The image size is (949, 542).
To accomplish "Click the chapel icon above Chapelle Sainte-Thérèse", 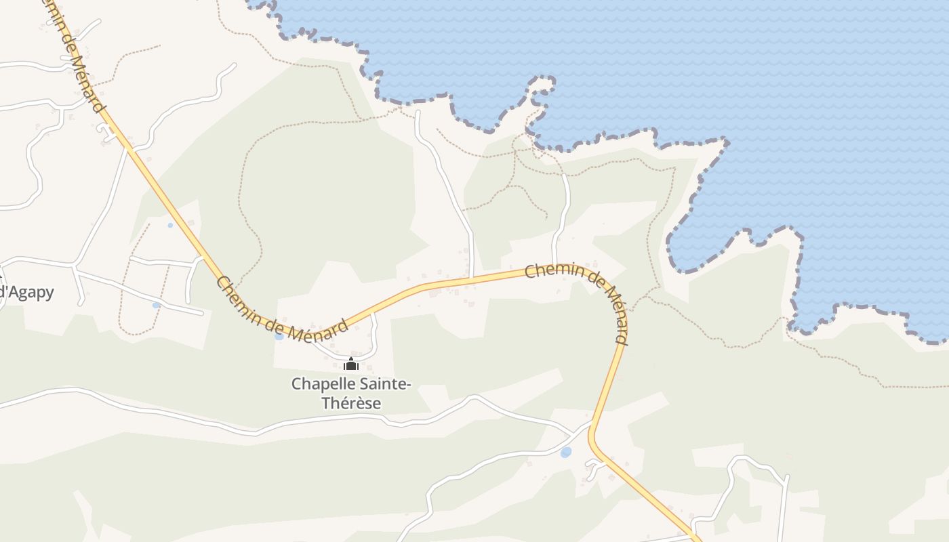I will coord(351,364).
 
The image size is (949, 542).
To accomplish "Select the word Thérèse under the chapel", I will coord(351,403).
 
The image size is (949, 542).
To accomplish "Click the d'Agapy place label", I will coord(27,293).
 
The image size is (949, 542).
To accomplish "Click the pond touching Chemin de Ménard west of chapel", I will coord(279,336).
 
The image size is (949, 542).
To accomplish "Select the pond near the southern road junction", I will coord(566,452).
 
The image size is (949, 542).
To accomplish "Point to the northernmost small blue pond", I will coord(169,225).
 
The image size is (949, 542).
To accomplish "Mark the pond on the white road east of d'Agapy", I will coord(156,306).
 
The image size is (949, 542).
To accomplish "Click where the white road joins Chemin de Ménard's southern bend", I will coord(592,426).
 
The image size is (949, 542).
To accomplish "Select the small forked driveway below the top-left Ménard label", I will coord(107,132).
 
